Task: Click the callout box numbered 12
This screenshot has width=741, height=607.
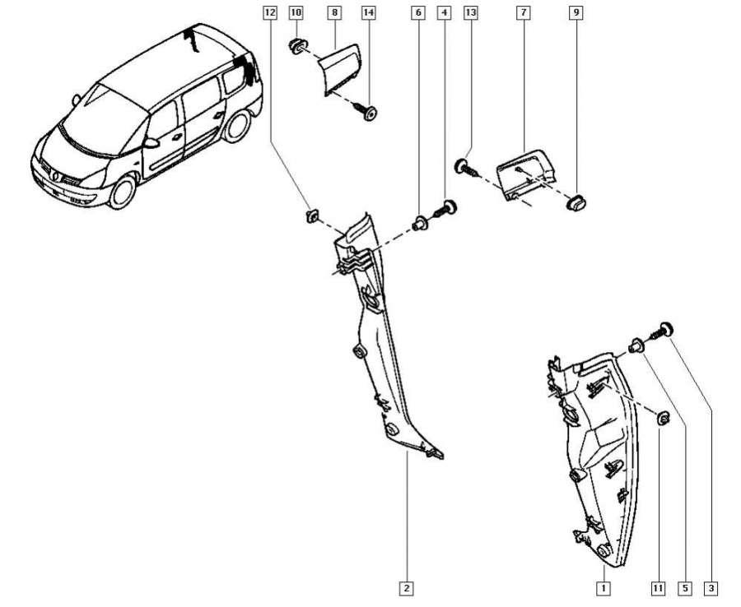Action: click(269, 13)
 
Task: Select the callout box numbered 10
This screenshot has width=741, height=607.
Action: click(296, 13)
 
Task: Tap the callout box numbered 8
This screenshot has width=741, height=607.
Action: click(334, 13)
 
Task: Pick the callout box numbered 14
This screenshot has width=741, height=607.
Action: click(368, 13)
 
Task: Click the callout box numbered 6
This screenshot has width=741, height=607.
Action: click(418, 13)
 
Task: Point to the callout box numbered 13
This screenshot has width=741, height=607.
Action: click(471, 13)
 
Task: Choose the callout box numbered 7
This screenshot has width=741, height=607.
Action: click(524, 13)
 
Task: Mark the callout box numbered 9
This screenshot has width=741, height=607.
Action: click(576, 13)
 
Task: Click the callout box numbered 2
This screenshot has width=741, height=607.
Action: click(406, 589)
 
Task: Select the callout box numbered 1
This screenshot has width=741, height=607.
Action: click(604, 589)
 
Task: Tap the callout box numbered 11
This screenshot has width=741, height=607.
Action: click(658, 589)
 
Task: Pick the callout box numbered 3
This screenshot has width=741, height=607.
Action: click(711, 589)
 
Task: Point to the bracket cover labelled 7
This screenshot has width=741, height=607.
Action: click(528, 173)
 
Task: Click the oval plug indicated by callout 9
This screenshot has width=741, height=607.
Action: click(576, 201)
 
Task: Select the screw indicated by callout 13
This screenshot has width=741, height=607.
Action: click(466, 169)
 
